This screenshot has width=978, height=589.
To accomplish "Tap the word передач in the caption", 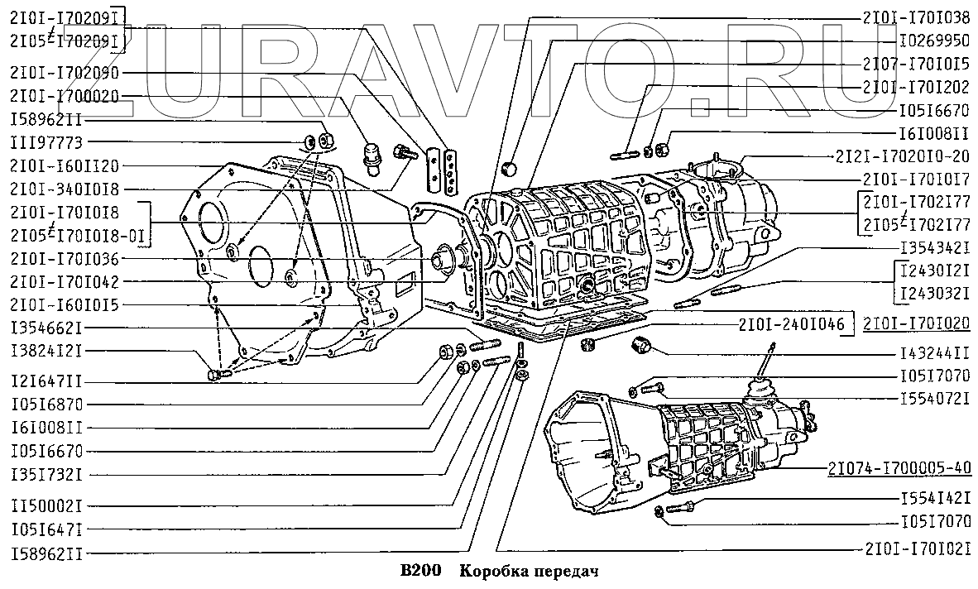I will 562,572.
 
